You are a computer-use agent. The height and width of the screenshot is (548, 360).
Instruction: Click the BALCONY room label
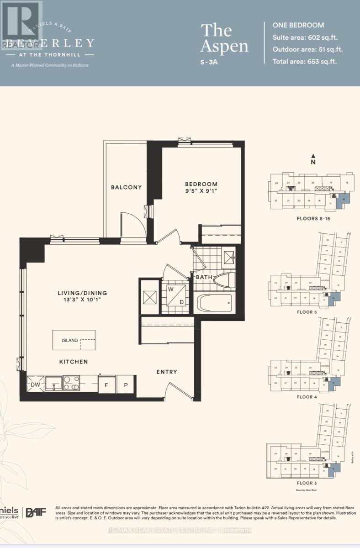point(127,187)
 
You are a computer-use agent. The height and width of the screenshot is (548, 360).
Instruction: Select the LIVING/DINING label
point(82,293)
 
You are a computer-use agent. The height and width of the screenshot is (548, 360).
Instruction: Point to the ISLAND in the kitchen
point(74,340)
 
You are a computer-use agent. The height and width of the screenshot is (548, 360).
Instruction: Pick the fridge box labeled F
point(106,385)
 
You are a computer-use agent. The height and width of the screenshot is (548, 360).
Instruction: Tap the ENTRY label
point(166,372)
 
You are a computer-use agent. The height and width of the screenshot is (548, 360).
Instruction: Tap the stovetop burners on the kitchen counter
point(71,383)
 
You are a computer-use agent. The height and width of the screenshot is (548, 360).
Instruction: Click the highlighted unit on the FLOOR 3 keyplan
point(336,468)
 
